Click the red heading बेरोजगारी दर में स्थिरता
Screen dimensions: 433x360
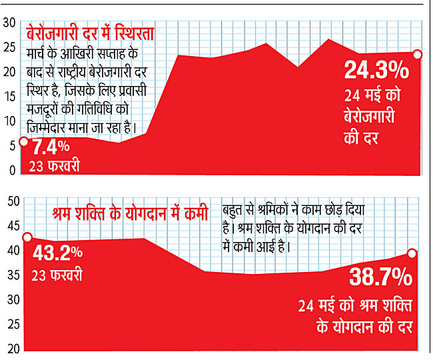[x=91, y=34]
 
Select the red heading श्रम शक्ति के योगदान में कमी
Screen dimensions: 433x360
[x=130, y=213]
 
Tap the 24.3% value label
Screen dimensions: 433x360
[x=376, y=70]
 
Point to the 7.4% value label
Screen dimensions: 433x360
[x=51, y=147]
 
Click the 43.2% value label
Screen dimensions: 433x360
[x=57, y=253]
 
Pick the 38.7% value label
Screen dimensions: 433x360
[x=380, y=277]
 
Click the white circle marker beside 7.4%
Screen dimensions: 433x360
[x=24, y=141]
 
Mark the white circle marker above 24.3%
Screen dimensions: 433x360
[x=417, y=55]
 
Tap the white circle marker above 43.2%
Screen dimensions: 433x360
[x=27, y=237]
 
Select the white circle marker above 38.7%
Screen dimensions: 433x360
[x=412, y=253]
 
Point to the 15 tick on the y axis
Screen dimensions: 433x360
[x=9, y=97]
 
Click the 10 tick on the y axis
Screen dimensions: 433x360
[x=9, y=121]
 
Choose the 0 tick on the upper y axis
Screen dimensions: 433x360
[x=12, y=170]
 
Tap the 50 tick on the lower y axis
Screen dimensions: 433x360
[x=13, y=201]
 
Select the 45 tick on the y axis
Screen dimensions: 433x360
[x=13, y=226]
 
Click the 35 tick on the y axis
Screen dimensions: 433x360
[x=13, y=275]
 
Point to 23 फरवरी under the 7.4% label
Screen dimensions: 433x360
[x=54, y=165]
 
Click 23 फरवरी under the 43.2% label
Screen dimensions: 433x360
[x=57, y=275]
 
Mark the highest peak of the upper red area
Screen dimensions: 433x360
[x=328, y=39]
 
